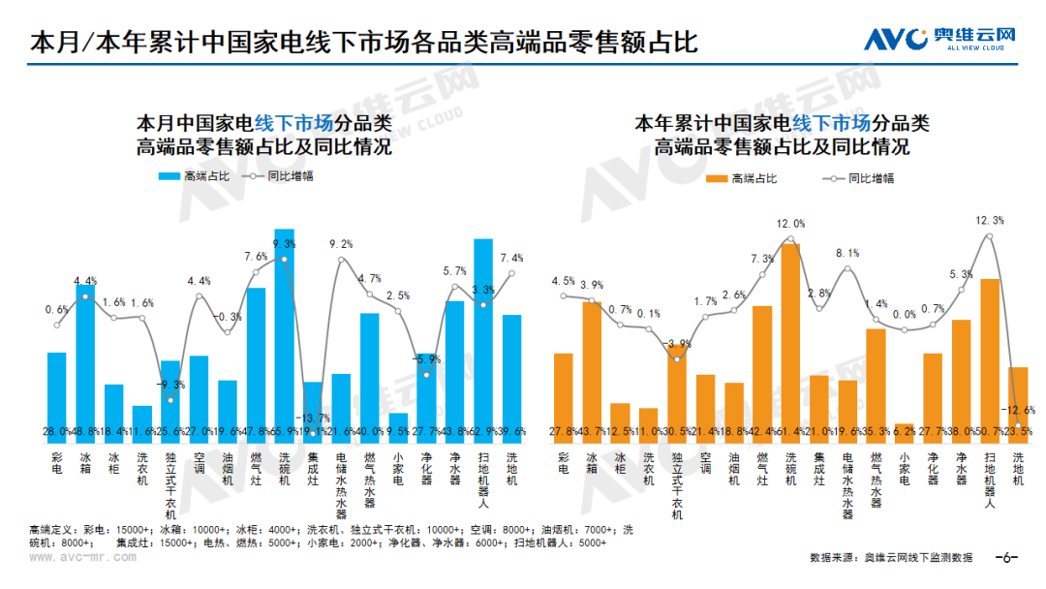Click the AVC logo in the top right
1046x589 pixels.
(939, 38)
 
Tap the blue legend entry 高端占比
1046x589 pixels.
(194, 176)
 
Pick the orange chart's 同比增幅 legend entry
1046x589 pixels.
(858, 178)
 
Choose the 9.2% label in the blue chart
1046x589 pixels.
(341, 244)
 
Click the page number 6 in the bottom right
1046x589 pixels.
(1006, 558)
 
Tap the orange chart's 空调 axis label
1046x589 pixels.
(705, 466)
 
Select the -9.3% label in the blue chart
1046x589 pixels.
(170, 385)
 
